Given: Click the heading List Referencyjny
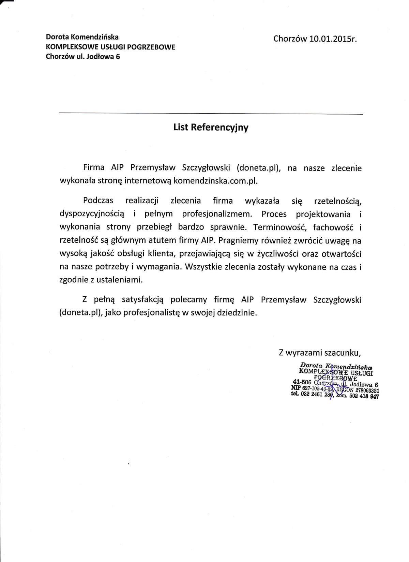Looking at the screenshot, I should (211, 128).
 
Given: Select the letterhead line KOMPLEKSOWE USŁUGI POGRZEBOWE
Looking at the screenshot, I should (110, 47).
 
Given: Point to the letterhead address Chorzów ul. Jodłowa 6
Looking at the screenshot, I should (83, 57).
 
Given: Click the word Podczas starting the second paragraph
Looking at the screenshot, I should (98, 201).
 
